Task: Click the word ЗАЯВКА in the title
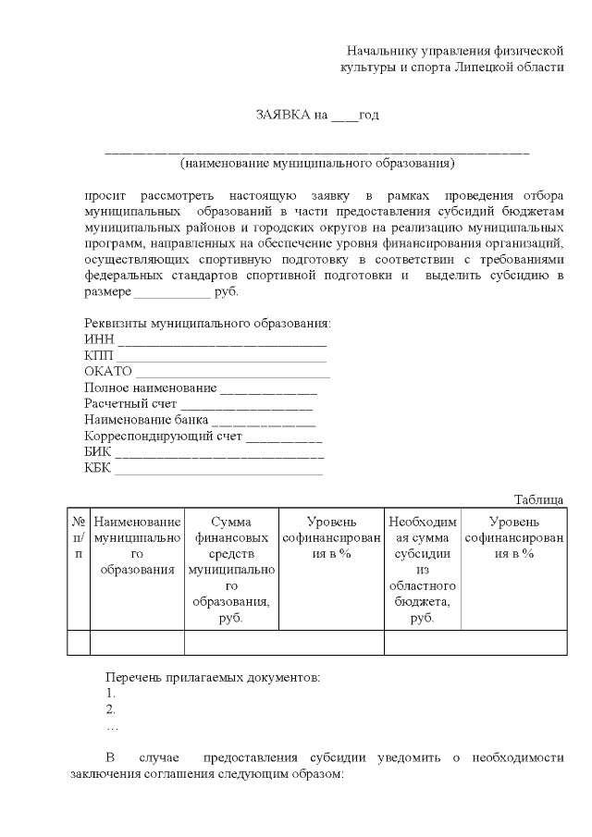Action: (x=282, y=116)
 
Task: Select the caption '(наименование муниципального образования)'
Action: (x=317, y=164)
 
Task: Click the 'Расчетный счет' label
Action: (x=130, y=403)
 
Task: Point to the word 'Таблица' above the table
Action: (x=538, y=499)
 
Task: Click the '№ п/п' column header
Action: (x=79, y=536)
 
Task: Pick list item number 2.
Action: (x=111, y=709)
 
